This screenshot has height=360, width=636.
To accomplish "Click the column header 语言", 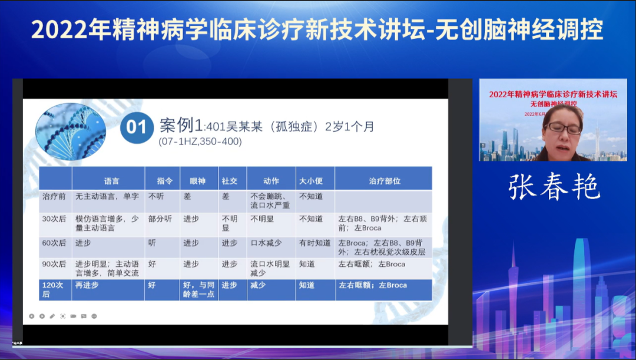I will [x=112, y=181].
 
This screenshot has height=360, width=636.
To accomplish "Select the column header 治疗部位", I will [x=385, y=181].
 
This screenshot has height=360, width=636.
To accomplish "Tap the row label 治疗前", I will [x=54, y=196].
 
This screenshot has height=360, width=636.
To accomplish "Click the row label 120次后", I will [x=52, y=289].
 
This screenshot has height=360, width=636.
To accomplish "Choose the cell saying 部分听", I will [x=160, y=219].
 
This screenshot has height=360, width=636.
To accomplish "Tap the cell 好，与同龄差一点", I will [x=199, y=289].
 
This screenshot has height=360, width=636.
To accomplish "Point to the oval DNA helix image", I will [x=71, y=131].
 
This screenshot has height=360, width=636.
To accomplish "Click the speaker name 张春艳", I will [x=554, y=187].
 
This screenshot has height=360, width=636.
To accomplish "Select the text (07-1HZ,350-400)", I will [x=200, y=142].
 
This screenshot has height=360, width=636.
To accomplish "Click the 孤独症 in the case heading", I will [x=288, y=126].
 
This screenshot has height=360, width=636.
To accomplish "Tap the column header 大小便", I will [x=312, y=181].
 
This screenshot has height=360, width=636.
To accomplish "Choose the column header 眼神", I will [x=198, y=181].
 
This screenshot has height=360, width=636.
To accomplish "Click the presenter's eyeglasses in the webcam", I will [x=563, y=128].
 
